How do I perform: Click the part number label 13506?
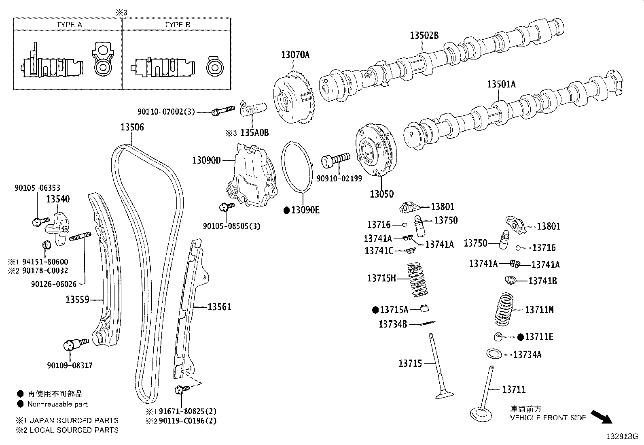pyautogui.click(x=132, y=127)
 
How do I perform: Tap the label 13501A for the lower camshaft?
pyautogui.click(x=501, y=84)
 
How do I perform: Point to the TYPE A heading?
pyautogui.click(x=69, y=25)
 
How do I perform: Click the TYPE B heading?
pyautogui.click(x=177, y=25)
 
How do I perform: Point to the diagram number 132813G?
pyautogui.click(x=621, y=436)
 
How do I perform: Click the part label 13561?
pyautogui.click(x=219, y=307)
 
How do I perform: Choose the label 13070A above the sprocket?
pyautogui.click(x=295, y=55)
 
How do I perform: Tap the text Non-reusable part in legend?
pyautogui.click(x=57, y=404)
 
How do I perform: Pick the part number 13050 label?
pyautogui.click(x=381, y=194)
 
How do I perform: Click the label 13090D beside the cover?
pyautogui.click(x=206, y=160)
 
